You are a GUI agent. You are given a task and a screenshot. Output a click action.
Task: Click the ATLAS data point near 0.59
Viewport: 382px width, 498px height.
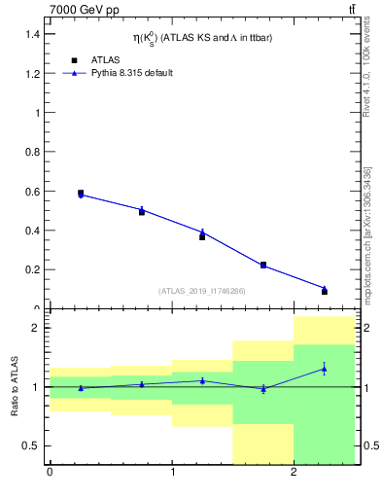[81, 194]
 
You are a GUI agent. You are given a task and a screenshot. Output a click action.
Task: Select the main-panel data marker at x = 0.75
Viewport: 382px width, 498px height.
[142, 211]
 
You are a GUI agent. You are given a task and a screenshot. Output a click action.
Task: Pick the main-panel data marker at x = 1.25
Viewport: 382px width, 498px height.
[202, 236]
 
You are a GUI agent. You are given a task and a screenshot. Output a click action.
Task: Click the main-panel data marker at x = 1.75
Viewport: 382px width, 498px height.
[263, 265]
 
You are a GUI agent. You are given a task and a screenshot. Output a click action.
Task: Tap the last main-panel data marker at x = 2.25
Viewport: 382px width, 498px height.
[325, 291]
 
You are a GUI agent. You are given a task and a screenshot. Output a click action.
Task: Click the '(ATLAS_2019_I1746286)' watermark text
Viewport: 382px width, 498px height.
[201, 291]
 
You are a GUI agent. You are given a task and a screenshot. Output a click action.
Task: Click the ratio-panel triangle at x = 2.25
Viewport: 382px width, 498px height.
[325, 369]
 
